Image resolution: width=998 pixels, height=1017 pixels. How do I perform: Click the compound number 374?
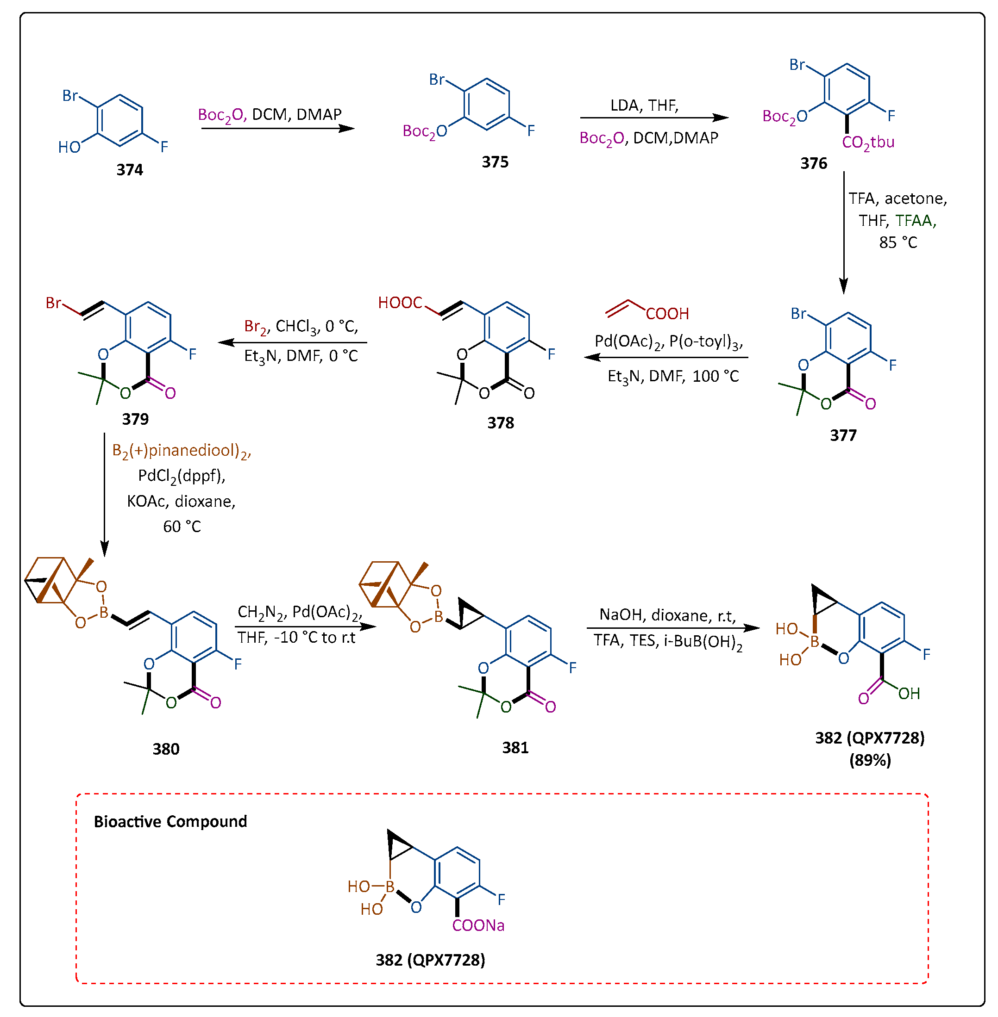pos(130,170)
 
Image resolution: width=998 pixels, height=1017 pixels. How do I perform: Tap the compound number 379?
pos(135,419)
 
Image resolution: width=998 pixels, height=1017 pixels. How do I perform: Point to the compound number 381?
pos(515,747)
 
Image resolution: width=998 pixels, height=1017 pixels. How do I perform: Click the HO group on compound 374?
pos(69,147)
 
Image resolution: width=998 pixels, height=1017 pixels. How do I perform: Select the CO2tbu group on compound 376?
pos(867,143)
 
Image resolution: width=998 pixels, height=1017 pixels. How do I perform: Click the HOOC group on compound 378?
pos(400,303)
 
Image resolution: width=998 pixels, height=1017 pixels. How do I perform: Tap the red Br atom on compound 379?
pos(53,303)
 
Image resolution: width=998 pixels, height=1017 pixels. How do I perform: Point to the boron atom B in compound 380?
pos(104,612)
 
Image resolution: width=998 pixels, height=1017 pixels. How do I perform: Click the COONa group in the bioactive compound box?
pos(478,925)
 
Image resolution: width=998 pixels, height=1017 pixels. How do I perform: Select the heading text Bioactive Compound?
pos(170,821)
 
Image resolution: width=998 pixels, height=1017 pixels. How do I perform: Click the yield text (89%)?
pos(870,760)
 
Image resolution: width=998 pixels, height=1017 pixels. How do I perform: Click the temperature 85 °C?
pos(898,242)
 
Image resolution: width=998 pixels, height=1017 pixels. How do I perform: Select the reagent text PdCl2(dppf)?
pos(182,476)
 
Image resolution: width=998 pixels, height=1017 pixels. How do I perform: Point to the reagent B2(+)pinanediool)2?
pos(182,451)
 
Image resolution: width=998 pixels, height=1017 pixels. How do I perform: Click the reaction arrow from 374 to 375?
pos(278,128)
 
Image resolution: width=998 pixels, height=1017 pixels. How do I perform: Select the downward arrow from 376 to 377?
pos(843,233)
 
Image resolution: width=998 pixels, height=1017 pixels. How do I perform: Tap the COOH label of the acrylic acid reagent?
pos(667,314)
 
